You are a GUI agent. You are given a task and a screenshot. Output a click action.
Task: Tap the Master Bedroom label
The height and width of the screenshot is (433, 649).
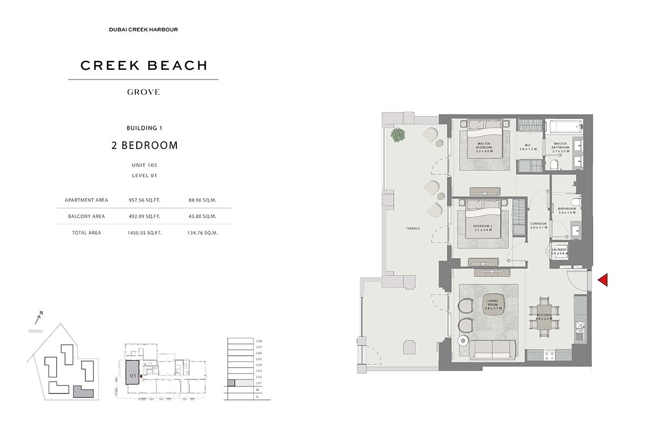[x=484, y=147]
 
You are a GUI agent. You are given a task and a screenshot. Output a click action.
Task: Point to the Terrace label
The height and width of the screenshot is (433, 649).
[x=413, y=228]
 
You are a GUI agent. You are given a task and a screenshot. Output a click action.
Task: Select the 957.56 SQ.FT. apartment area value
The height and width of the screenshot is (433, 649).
[x=144, y=200]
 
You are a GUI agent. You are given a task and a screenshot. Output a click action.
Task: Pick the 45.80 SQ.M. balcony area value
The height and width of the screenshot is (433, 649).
[x=203, y=216]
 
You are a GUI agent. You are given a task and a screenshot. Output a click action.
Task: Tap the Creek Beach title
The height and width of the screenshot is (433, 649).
[x=144, y=65]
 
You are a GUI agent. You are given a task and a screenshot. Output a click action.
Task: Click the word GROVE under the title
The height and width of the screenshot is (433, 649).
[x=143, y=92]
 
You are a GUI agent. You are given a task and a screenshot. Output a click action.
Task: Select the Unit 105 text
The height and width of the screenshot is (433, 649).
[x=144, y=165]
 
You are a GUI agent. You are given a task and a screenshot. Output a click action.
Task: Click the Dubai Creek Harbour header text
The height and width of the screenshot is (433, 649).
[x=143, y=29]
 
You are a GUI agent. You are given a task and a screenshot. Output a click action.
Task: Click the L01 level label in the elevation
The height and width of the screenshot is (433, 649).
[x=259, y=383]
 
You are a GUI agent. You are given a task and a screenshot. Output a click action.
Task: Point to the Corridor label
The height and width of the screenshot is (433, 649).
[x=539, y=225]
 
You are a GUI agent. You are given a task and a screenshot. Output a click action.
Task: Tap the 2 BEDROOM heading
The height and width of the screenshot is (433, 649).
[x=144, y=145]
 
